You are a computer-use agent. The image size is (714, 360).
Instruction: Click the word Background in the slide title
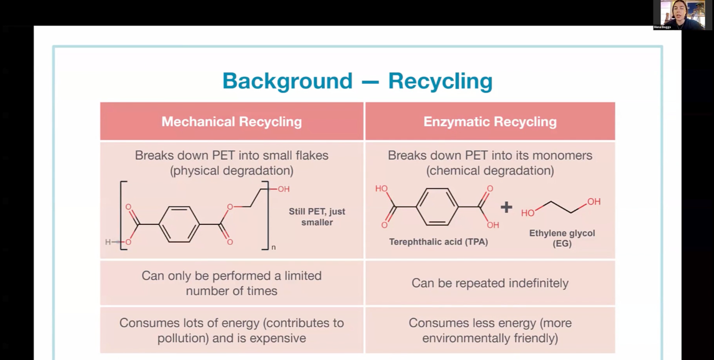pos(287,81)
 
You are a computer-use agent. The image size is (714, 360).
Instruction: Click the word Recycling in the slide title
pos(440,81)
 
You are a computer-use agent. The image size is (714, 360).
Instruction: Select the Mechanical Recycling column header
pos(232,121)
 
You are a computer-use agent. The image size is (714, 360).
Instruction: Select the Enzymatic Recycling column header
pos(490,121)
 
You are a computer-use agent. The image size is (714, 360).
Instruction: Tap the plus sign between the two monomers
pos(506,208)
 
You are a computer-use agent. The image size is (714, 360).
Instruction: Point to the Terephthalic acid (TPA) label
pos(439,242)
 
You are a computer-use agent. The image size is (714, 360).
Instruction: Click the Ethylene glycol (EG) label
pos(562,238)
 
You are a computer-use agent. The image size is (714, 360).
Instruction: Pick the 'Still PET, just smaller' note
pos(317,217)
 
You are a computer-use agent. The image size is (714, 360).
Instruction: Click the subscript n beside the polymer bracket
pos(274,247)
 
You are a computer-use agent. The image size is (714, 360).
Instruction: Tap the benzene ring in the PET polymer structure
pos(179,224)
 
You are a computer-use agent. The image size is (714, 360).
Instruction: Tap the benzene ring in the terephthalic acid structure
pos(437,207)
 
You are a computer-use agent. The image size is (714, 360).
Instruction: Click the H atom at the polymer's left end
pos(108,242)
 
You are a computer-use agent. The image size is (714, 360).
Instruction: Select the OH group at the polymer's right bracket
pos(284,189)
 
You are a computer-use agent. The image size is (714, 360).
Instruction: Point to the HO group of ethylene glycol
pos(528,213)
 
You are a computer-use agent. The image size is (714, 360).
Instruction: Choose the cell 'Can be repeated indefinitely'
pos(490,283)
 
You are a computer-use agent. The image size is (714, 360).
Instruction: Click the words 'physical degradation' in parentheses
pos(232,171)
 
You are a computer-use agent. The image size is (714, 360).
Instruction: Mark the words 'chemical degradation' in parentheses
pos(490,171)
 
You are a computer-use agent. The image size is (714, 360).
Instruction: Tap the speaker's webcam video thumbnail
pos(679,15)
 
